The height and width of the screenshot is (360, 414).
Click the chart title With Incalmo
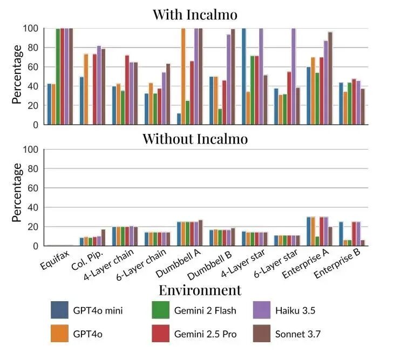195,14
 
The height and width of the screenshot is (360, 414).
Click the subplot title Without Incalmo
195,139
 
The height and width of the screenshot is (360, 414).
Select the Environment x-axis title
200,290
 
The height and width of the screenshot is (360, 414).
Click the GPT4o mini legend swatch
59,311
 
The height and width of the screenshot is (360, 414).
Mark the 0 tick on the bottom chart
36,246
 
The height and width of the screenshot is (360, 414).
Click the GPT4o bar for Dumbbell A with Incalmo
183,77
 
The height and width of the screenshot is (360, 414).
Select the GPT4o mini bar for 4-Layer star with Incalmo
244,77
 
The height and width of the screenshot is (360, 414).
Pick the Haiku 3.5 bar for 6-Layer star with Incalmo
294,77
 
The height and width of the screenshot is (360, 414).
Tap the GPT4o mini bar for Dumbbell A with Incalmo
179,119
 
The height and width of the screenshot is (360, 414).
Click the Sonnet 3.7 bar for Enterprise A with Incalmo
330,78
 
